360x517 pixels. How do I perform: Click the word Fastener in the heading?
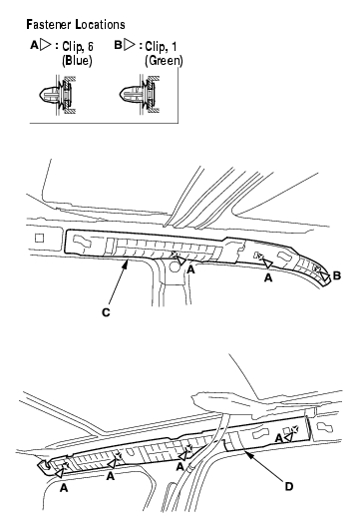49,25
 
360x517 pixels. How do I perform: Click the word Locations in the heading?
100,25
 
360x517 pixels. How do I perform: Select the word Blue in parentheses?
77,60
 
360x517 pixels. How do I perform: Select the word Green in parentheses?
164,60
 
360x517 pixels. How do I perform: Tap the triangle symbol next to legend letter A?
46,45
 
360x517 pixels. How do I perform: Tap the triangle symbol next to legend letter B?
130,45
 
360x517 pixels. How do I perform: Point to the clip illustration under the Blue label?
57,95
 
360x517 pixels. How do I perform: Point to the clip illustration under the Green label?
140,95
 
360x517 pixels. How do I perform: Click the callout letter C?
106,312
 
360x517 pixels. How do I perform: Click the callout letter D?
289,486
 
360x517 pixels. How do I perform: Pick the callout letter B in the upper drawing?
337,275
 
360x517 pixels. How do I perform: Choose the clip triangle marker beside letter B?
325,275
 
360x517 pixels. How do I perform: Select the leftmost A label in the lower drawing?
64,488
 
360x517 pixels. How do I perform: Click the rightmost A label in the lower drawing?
279,439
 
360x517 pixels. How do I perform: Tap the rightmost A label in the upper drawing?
268,277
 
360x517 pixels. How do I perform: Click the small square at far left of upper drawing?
39,238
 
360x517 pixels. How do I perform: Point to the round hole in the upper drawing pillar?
174,266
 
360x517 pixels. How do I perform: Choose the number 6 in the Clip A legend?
90,47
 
